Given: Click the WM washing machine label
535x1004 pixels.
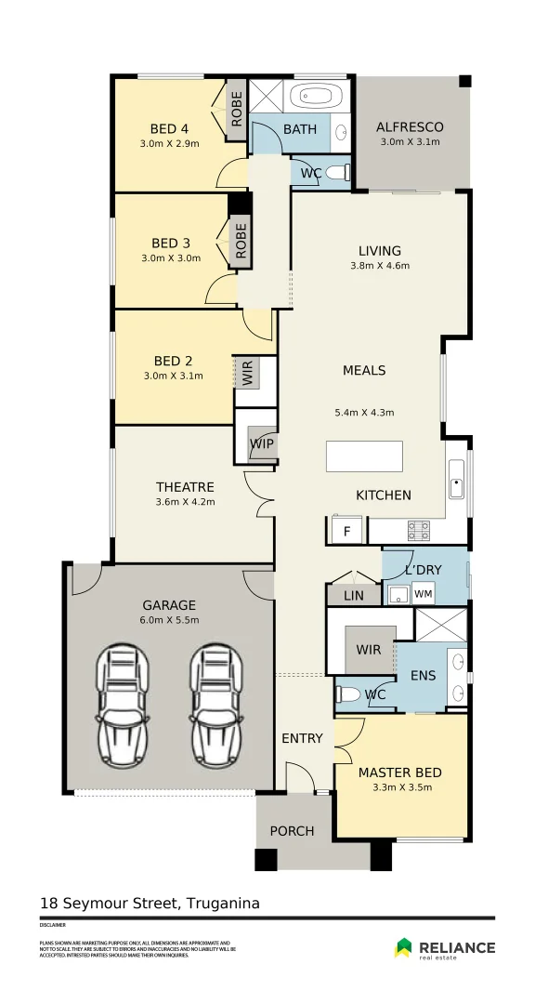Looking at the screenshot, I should point(424,593).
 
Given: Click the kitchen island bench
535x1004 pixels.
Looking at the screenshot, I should point(365,457).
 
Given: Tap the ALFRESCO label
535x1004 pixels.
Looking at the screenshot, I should point(410,127).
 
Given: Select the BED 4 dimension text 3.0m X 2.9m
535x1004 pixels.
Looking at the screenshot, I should point(169,144).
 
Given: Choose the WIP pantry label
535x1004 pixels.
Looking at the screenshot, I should point(262,443).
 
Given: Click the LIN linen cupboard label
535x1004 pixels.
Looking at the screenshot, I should point(354,595).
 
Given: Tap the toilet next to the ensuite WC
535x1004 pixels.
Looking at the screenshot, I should point(348,694).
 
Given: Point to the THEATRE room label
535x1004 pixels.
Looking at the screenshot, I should point(185,487).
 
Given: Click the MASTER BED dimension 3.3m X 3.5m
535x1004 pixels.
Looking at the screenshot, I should point(401,787).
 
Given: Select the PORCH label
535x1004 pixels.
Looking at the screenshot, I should point(292,830).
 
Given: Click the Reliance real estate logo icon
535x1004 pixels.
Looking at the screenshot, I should point(404,947).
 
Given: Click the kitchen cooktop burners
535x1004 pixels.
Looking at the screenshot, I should point(419,530).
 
